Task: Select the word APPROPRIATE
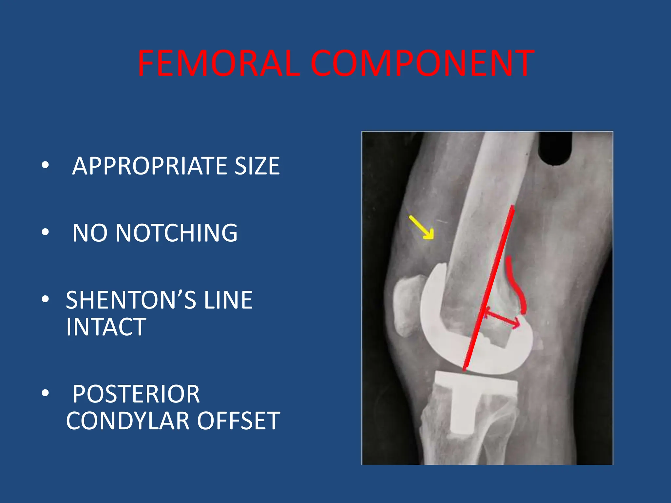click(x=149, y=166)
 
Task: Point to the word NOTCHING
click(x=177, y=233)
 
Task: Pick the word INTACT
click(x=106, y=327)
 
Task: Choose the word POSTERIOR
click(x=136, y=394)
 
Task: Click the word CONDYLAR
click(x=128, y=421)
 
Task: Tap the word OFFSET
click(x=239, y=421)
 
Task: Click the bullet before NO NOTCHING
click(x=45, y=232)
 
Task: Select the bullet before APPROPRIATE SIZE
click(x=45, y=165)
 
